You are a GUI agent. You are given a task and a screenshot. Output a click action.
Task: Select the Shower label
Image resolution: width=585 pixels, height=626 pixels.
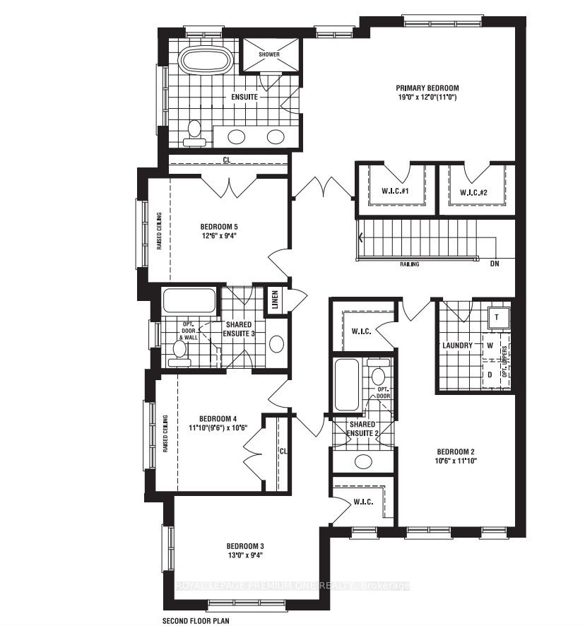point(269,54)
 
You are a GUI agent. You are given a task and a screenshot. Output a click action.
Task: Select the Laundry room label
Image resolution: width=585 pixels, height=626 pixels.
point(457,346)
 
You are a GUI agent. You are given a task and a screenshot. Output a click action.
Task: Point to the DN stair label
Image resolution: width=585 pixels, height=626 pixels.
point(495,264)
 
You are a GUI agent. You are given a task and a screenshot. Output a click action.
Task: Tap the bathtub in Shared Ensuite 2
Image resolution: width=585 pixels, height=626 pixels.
point(346,385)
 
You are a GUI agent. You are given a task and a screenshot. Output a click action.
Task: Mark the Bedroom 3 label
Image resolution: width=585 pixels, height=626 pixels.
point(245,546)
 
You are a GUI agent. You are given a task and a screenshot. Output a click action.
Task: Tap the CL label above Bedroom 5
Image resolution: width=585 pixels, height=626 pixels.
point(227,160)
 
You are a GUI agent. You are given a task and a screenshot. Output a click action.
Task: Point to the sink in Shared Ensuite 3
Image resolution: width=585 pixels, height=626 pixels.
point(277,344)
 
